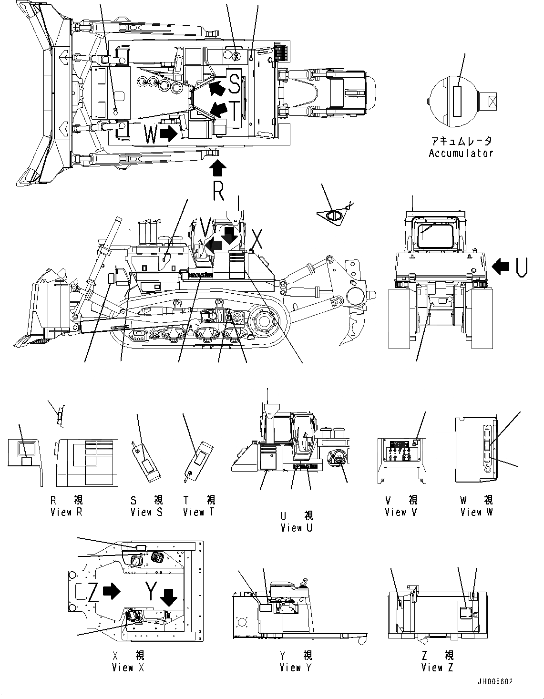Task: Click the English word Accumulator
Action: pyautogui.click(x=461, y=153)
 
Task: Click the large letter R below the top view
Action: pyautogui.click(x=218, y=191)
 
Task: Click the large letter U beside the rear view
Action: pyautogui.click(x=521, y=267)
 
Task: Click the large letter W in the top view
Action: pyautogui.click(x=150, y=134)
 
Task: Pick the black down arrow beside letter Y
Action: pyautogui.click(x=168, y=596)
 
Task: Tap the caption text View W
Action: pyautogui.click(x=477, y=512)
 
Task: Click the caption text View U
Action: pyautogui.click(x=297, y=528)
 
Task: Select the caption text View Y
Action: pyautogui.click(x=296, y=668)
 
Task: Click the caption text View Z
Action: pyautogui.click(x=437, y=668)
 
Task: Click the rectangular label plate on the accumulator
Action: pyautogui.click(x=457, y=101)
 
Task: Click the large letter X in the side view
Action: pyautogui.click(x=257, y=240)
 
